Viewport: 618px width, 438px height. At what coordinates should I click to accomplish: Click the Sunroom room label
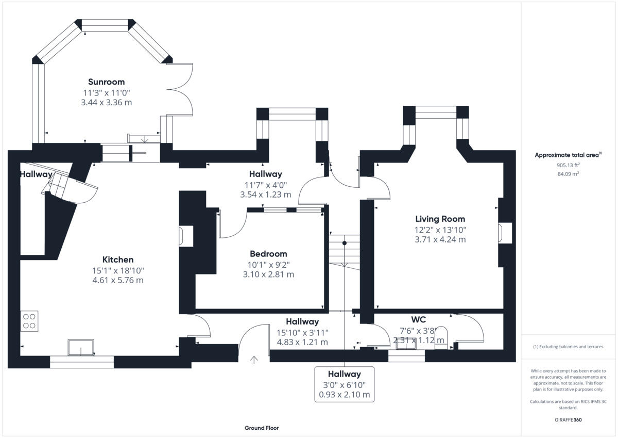point(106,82)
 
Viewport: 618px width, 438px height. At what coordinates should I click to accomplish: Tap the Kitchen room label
point(118,259)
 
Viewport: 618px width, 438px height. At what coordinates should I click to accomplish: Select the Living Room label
point(440,219)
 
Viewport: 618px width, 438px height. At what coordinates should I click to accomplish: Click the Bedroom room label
point(268,254)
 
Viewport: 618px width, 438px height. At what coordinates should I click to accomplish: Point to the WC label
point(418,319)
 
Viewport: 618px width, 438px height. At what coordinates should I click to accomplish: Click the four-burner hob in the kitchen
point(29,320)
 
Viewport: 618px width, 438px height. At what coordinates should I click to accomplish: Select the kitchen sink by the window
point(81,348)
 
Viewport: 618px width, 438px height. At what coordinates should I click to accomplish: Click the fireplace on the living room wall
point(503,232)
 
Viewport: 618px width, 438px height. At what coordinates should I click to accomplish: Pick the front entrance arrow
point(253,360)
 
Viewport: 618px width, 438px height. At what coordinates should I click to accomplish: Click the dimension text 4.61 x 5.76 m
point(118,281)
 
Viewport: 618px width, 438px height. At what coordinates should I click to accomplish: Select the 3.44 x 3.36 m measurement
point(106,102)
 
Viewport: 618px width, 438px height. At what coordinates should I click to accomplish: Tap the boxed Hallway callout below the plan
point(344,384)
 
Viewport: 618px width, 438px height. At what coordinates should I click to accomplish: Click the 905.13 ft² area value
point(568,165)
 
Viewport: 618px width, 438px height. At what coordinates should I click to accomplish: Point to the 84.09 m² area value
point(568,174)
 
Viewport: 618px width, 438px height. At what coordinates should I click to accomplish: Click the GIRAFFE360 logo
point(568,420)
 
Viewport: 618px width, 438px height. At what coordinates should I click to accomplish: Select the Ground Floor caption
point(262,428)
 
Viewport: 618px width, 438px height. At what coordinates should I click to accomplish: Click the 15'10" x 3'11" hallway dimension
point(302,332)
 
